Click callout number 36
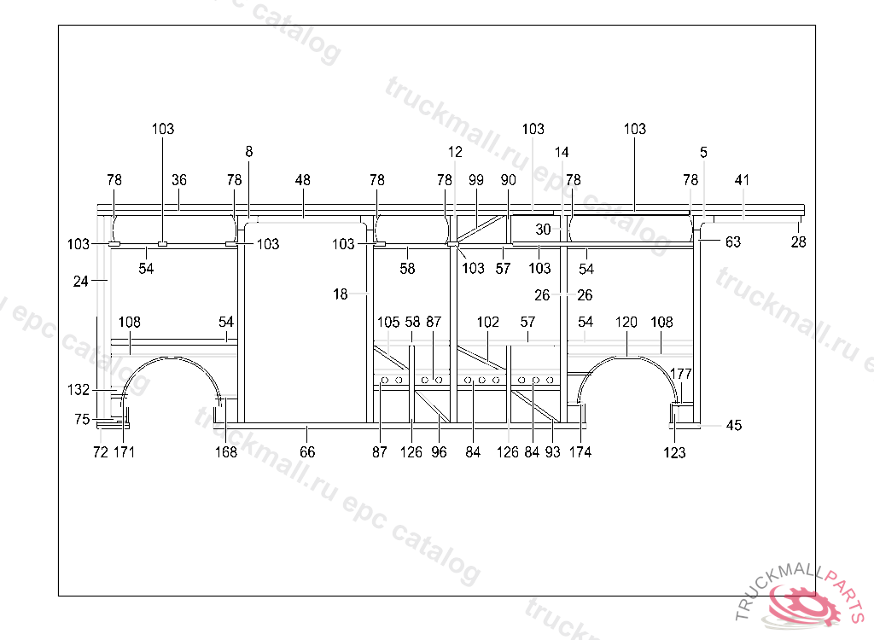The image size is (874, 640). (179, 180)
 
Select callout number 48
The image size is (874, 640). (303, 180)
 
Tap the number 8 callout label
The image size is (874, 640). (249, 152)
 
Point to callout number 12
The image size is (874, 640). (455, 152)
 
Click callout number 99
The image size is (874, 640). (476, 180)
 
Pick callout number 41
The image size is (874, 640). (743, 180)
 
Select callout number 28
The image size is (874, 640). (798, 242)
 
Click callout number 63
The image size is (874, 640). (733, 242)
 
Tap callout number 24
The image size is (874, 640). (81, 280)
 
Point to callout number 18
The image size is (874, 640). (341, 294)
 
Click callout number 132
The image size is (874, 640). (79, 390)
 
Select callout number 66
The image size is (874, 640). (307, 452)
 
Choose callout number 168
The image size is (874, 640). (226, 452)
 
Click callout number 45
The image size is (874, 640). (734, 425)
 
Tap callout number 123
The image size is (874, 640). (674, 453)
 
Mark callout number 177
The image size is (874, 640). (681, 374)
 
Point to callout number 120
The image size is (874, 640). (626, 323)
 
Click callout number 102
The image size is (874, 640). (488, 323)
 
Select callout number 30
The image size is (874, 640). (544, 230)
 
